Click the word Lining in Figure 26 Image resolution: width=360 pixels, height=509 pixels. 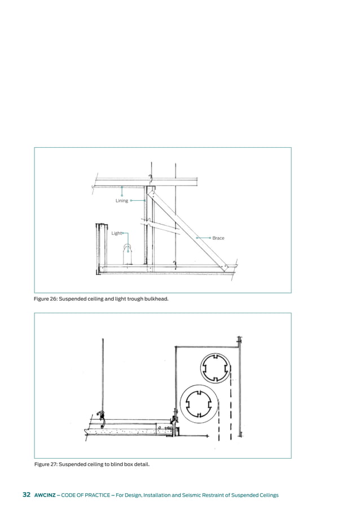[122, 201]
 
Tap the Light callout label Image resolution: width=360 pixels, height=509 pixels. [116, 233]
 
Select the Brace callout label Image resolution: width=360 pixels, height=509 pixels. [218, 238]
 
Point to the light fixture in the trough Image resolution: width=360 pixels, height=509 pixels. [129, 253]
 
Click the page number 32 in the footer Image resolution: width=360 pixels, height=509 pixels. [26, 495]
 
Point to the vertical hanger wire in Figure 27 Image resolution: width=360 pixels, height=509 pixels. [102, 372]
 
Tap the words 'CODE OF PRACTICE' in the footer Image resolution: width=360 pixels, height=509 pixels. [91, 495]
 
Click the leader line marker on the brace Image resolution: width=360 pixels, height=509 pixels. [197, 238]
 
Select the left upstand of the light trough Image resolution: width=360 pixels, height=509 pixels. [100, 248]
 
